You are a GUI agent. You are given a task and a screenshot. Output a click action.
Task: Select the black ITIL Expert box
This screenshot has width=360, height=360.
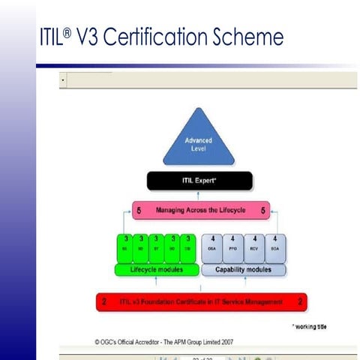[x=199, y=181]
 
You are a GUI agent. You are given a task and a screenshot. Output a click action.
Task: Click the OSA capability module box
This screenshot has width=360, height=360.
[x=211, y=248]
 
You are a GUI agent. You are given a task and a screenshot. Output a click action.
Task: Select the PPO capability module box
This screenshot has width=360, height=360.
[x=234, y=248]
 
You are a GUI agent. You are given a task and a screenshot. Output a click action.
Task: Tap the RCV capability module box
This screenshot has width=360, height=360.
[x=256, y=248]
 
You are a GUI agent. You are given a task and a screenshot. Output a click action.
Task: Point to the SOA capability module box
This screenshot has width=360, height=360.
[x=277, y=248]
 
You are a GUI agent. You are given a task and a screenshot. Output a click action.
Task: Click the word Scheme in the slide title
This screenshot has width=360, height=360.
[x=249, y=38]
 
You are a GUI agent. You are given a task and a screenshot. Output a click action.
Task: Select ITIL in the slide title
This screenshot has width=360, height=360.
[x=49, y=38]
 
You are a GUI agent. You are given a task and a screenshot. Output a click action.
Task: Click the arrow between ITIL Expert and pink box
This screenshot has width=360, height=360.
[x=199, y=196]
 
